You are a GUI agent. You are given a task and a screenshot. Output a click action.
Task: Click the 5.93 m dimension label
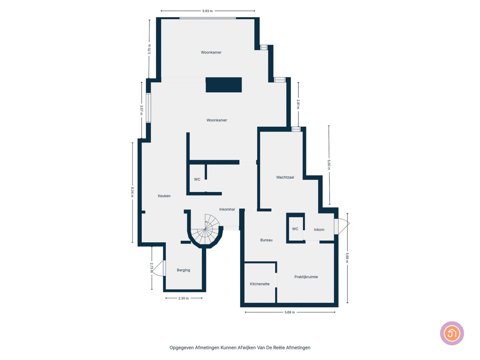pyautogui.click(x=207, y=11)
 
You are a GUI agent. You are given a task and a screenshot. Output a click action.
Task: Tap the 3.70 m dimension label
pyautogui.click(x=149, y=49)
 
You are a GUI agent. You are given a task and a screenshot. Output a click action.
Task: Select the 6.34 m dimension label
pyautogui.click(x=132, y=192)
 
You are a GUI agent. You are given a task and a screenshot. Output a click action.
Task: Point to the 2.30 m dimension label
pyautogui.click(x=183, y=298)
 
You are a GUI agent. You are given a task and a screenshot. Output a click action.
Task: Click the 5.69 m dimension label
pyautogui.click(x=289, y=312)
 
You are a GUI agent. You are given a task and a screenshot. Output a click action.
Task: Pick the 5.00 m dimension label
pyautogui.click(x=328, y=165)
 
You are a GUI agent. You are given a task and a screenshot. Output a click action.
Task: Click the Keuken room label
pyautogui.click(x=164, y=196)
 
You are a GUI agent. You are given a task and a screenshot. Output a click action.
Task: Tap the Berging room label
pyautogui.click(x=183, y=270)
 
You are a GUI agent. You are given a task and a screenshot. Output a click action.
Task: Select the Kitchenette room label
pyautogui.click(x=259, y=284)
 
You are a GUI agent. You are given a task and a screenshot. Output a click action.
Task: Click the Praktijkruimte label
pyautogui.click(x=306, y=277)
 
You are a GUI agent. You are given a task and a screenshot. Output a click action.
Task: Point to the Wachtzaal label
pyautogui.click(x=285, y=177)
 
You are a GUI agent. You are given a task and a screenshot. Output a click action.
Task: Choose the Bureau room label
pyautogui.click(x=266, y=240)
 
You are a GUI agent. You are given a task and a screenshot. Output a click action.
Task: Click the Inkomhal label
pyautogui.click(x=227, y=209)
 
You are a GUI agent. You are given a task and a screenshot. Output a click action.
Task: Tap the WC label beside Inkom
pyautogui.click(x=295, y=229)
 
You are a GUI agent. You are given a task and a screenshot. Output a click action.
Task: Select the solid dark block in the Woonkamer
pyautogui.click(x=224, y=85)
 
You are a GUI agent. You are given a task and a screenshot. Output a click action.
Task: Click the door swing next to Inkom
pyautogui.click(x=343, y=226)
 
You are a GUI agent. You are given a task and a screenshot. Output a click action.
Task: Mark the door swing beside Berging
pyautogui.click(x=157, y=268)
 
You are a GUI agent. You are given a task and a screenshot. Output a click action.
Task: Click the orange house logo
pyautogui.click(x=452, y=333)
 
